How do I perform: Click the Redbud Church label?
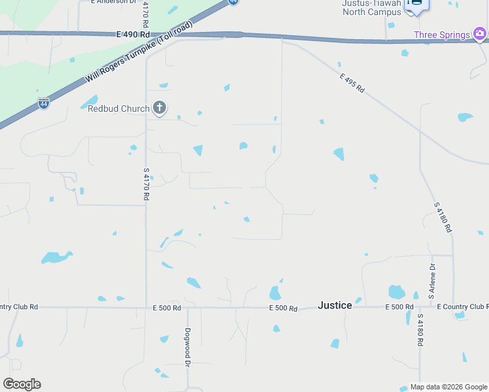(118, 108)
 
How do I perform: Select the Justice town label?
(335, 305)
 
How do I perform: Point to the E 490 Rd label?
(133, 34)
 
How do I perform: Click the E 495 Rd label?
(352, 83)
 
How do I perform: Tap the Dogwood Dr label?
(188, 346)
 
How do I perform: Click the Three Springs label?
(441, 35)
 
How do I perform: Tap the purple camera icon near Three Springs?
(481, 33)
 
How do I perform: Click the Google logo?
(22, 384)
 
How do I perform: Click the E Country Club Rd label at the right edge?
(463, 306)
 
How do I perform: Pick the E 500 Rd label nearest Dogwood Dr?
(167, 308)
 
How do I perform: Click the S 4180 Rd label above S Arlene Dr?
(443, 218)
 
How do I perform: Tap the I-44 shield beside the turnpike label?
(43, 103)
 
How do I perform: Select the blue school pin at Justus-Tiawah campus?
(416, 5)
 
